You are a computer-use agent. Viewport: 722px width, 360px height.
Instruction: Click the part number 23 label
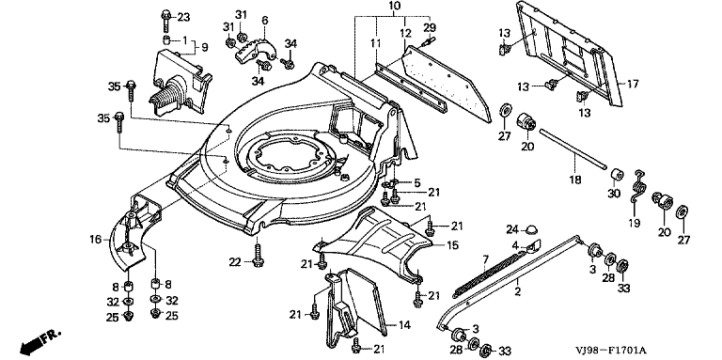(182, 18)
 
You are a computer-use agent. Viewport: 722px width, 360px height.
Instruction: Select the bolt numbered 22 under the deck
(258, 255)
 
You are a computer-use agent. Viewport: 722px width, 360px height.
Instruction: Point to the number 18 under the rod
(574, 180)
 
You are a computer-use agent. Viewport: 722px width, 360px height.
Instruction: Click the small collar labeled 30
(617, 176)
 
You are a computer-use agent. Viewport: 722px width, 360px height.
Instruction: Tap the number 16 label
(96, 239)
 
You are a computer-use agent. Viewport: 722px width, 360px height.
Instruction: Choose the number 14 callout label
(404, 325)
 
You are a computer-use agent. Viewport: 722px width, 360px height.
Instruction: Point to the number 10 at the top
(395, 7)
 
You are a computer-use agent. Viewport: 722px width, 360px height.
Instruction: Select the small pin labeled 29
(428, 41)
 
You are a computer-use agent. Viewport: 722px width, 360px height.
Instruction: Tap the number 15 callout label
(452, 245)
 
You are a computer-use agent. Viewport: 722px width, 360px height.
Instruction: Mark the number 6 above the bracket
(264, 21)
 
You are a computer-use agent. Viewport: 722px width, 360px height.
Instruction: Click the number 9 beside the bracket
(205, 47)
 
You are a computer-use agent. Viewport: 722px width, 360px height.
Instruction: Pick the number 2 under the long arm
(518, 291)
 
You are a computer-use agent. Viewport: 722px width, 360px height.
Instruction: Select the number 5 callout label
(416, 182)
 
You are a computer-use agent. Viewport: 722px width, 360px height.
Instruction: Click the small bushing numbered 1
(167, 38)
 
